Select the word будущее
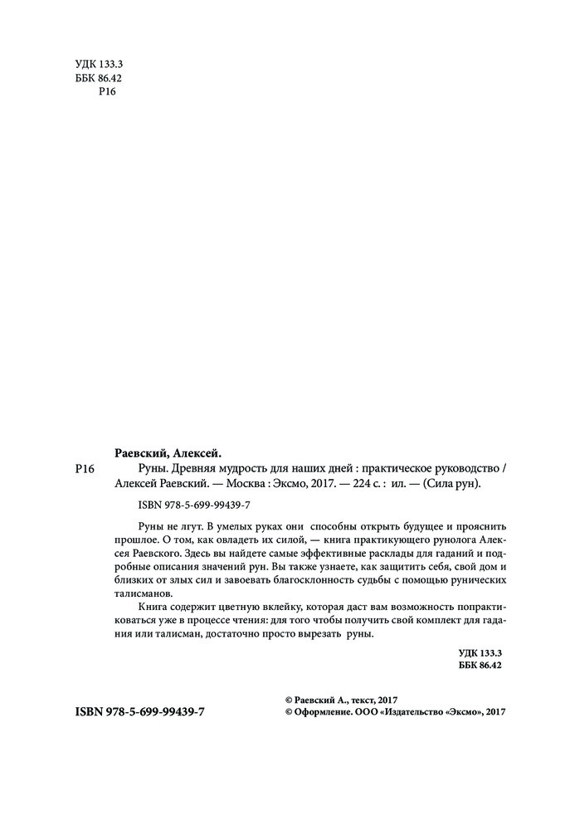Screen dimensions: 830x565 (404, 528)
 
